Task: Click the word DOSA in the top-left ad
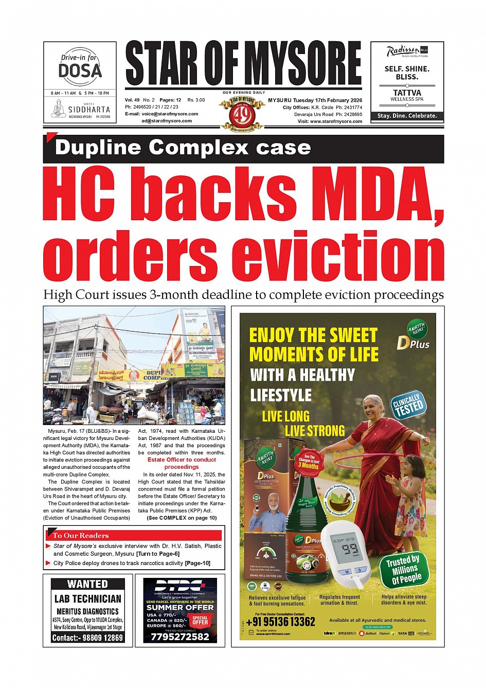tap(80, 70)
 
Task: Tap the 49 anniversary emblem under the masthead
tap(242, 114)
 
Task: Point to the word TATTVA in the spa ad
tap(407, 93)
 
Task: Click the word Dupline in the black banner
tap(98, 148)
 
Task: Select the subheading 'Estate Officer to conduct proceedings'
tap(182, 463)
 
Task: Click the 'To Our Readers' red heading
tap(81, 535)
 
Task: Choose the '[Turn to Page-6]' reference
tap(157, 554)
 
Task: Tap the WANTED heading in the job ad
tap(87, 584)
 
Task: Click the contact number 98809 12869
tap(101, 638)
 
